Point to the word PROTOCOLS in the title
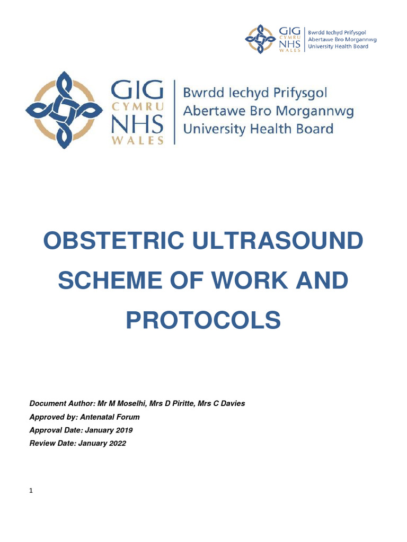coord(203,320)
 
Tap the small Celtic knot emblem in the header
coord(260,39)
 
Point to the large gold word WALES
coord(141,141)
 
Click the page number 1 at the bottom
coord(31,491)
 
